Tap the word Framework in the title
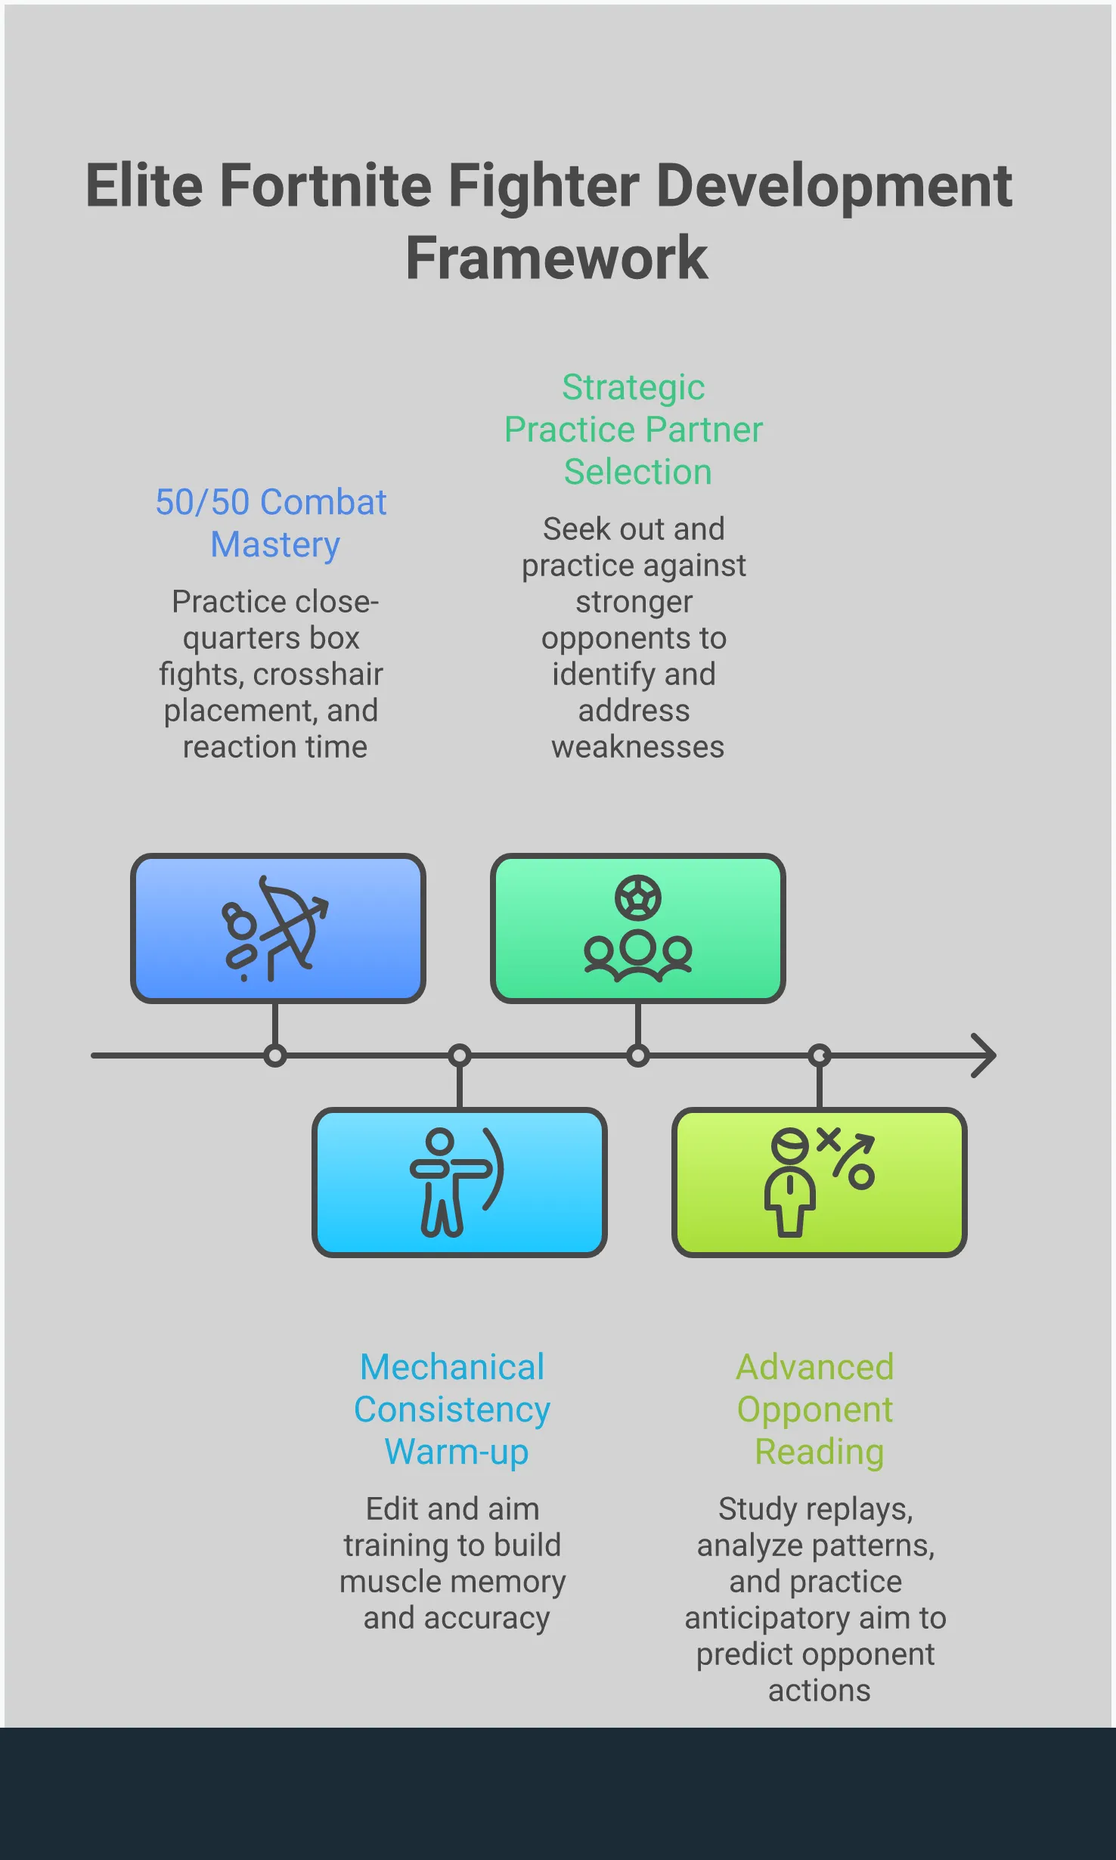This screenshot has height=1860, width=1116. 557,259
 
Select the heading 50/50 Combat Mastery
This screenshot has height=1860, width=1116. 271,523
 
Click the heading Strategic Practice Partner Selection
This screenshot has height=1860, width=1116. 634,429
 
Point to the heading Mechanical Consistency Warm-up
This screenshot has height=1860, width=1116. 452,1409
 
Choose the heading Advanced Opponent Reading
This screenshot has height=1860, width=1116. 816,1409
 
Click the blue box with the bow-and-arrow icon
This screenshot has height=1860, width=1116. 277,928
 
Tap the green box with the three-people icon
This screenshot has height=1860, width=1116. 637,928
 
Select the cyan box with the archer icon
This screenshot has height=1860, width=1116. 459,1183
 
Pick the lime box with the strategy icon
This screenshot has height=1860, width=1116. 819,1183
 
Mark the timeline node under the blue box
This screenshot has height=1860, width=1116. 275,1056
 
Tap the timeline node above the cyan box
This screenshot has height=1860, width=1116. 460,1056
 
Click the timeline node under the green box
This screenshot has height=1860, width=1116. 638,1056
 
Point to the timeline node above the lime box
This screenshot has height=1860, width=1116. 820,1056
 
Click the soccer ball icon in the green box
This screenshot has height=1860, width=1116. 637,897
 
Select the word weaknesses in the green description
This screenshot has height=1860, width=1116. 637,747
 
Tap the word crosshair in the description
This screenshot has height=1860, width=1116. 318,674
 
